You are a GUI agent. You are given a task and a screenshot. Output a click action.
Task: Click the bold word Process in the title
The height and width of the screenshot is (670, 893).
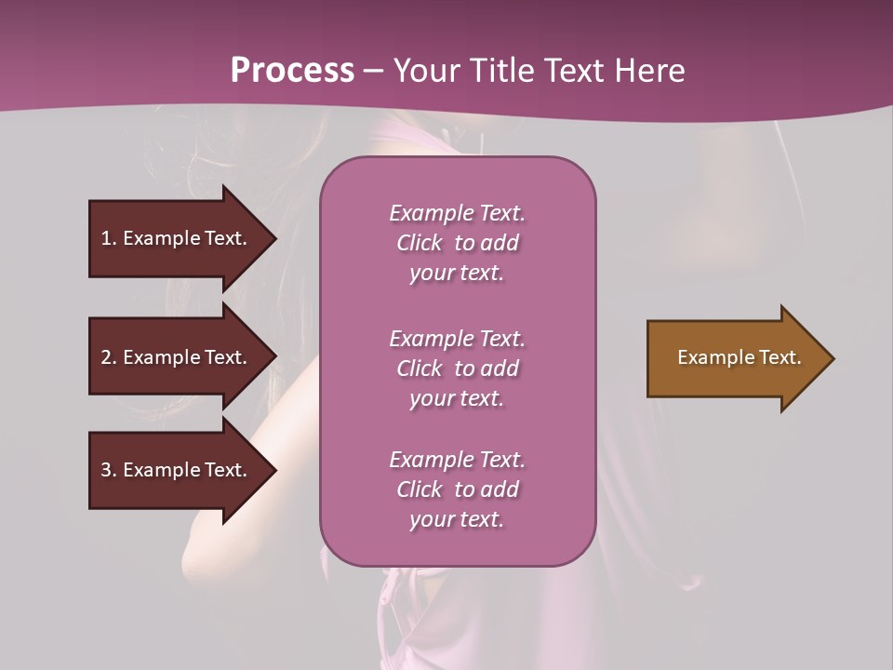pyautogui.click(x=292, y=71)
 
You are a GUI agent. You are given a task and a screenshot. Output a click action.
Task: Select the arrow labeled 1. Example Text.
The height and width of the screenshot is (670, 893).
pyautogui.click(x=177, y=238)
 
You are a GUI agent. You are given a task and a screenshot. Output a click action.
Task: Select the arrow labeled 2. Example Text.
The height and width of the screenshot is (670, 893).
pyautogui.click(x=177, y=357)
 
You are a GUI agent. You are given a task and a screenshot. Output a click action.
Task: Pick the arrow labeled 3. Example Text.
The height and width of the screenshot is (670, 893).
pyautogui.click(x=177, y=470)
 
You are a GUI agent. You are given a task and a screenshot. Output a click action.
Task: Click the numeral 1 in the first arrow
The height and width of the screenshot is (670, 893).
pyautogui.click(x=105, y=239)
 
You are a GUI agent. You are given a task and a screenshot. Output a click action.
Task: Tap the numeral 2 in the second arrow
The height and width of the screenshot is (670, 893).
pyautogui.click(x=106, y=358)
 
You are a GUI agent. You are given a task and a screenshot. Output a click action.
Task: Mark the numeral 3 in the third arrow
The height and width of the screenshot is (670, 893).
pyautogui.click(x=106, y=471)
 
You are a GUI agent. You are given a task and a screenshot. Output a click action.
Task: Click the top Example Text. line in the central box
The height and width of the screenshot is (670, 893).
pyautogui.click(x=457, y=213)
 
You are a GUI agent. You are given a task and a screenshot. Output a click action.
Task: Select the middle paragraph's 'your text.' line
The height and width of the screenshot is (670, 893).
pyautogui.click(x=457, y=398)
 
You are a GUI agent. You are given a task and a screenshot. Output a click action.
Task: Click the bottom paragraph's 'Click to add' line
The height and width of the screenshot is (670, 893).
pyautogui.click(x=457, y=489)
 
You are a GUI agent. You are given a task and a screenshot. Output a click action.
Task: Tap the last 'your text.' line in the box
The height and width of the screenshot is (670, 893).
pyautogui.click(x=457, y=519)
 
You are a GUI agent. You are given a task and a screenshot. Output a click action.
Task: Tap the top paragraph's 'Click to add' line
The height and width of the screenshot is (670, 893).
pyautogui.click(x=457, y=243)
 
